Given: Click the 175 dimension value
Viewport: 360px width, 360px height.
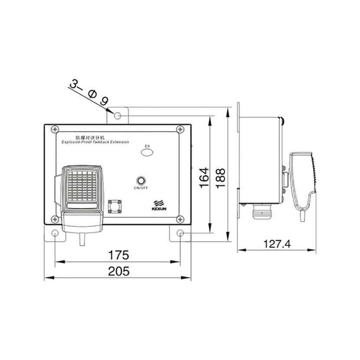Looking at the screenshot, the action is point(118,255).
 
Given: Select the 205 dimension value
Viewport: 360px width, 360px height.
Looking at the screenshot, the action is point(119,271).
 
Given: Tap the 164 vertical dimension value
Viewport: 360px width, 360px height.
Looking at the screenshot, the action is point(204,178).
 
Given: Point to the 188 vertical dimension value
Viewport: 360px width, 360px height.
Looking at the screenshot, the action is point(221,178).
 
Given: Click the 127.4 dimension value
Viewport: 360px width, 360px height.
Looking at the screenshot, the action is point(277,244).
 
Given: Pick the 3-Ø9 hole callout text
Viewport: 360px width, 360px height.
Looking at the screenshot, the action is point(88,92).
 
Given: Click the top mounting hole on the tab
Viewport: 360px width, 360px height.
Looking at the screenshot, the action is point(118,115).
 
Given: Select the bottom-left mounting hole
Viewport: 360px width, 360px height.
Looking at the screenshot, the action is point(55,233).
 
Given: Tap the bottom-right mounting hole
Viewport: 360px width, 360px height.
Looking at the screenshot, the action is point(180,233).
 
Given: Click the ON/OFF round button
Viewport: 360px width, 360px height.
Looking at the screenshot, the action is point(141,180).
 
